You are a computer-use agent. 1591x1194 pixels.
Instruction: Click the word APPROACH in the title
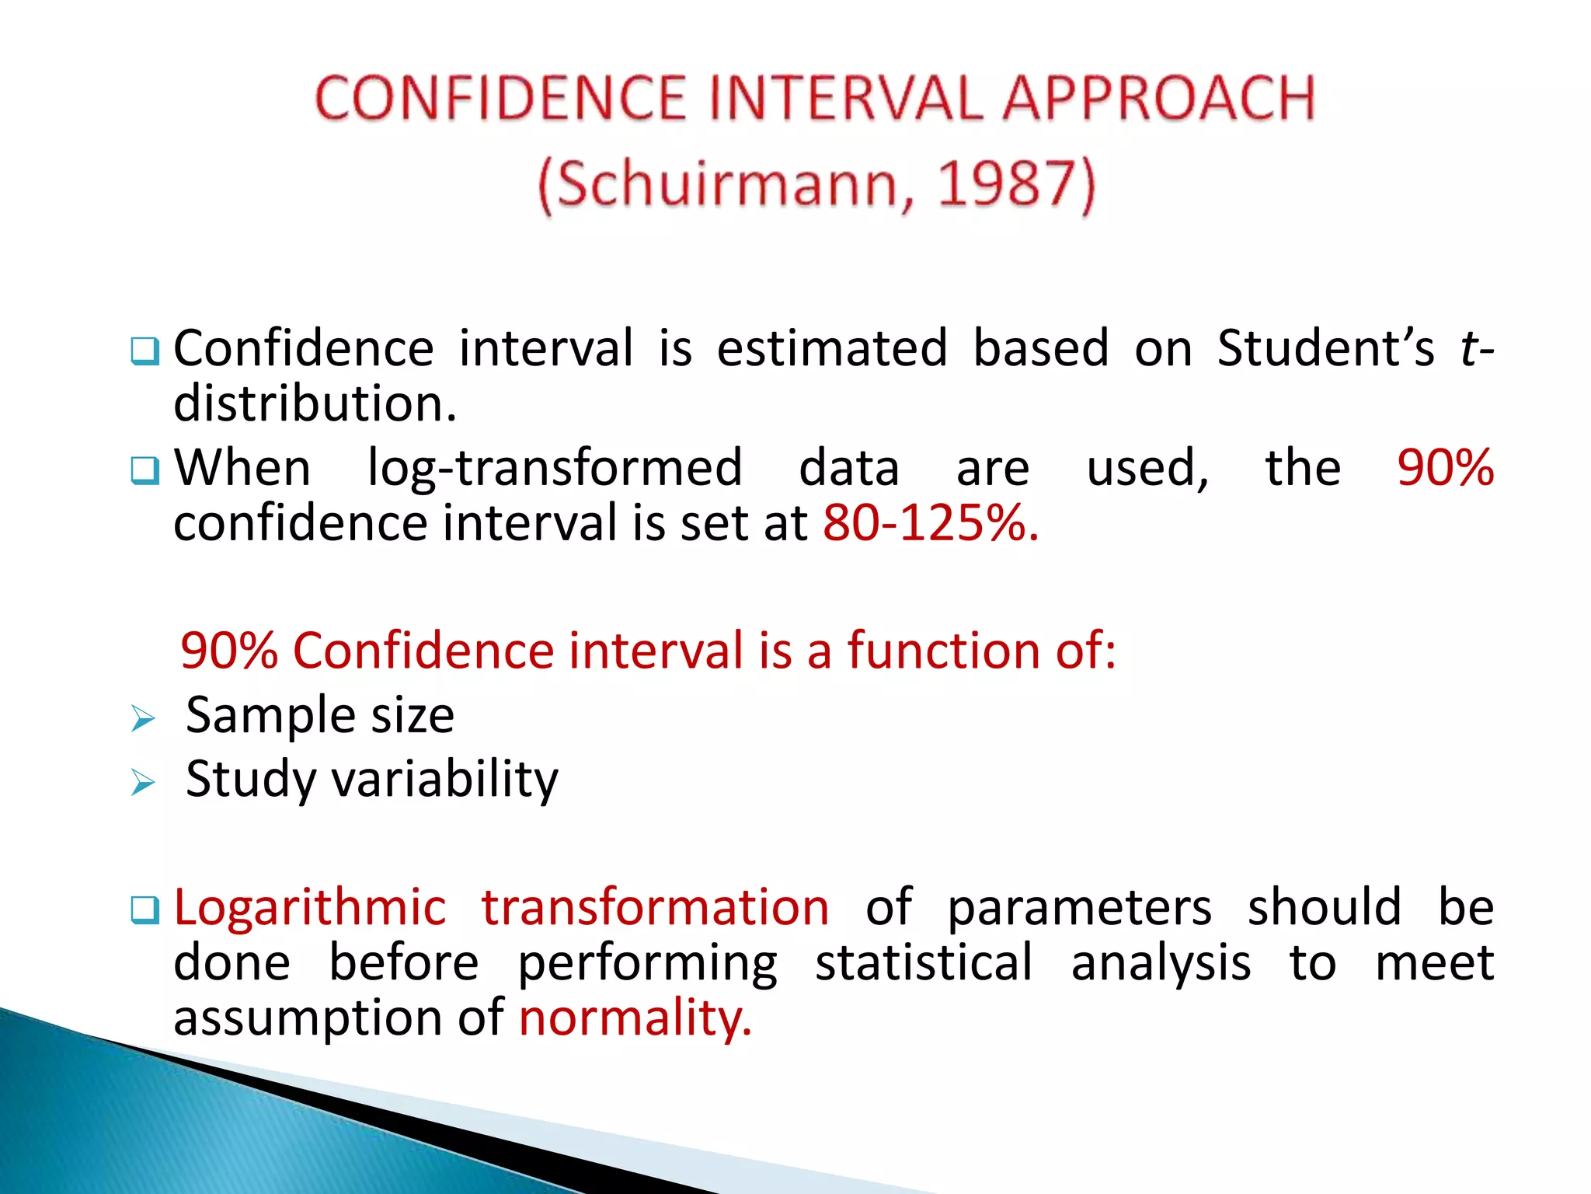[1158, 99]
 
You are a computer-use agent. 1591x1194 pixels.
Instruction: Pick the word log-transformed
[555, 468]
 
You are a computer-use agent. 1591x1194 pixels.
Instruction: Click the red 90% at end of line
[1445, 468]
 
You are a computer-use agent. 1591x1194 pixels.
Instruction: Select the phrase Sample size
[320, 715]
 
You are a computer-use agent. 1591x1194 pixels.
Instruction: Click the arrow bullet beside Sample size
[143, 718]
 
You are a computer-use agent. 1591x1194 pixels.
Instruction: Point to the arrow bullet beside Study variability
[143, 782]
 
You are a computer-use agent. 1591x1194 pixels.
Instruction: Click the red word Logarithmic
[310, 908]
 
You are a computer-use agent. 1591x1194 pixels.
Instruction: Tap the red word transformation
[655, 908]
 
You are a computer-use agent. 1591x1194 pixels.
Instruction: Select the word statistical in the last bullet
[924, 963]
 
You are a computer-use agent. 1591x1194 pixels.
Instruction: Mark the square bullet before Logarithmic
[145, 909]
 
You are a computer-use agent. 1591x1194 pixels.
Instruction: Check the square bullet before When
[145, 470]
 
